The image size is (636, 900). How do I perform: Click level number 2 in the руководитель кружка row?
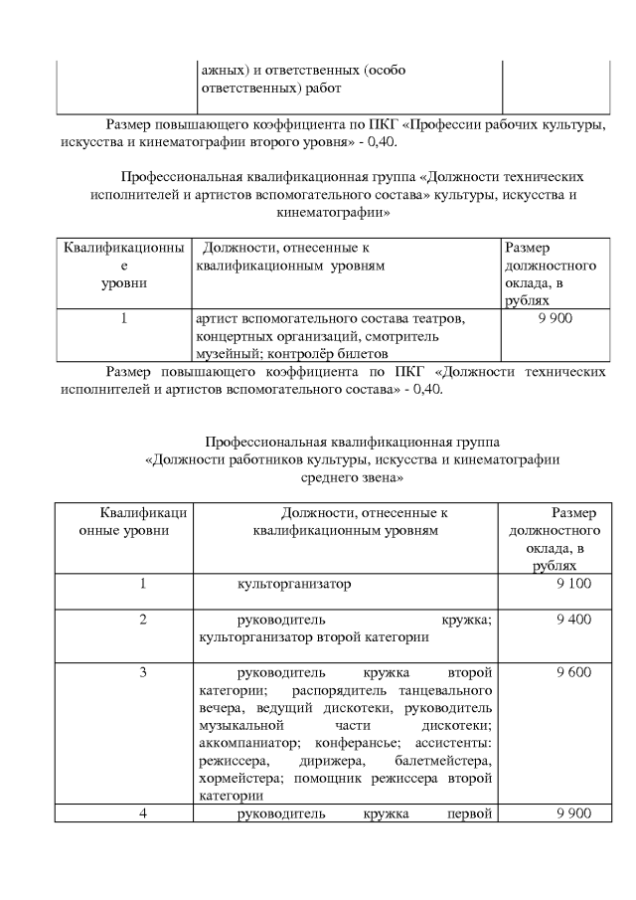143,620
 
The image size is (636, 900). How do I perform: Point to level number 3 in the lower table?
143,672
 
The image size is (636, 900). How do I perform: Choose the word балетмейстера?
438,761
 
